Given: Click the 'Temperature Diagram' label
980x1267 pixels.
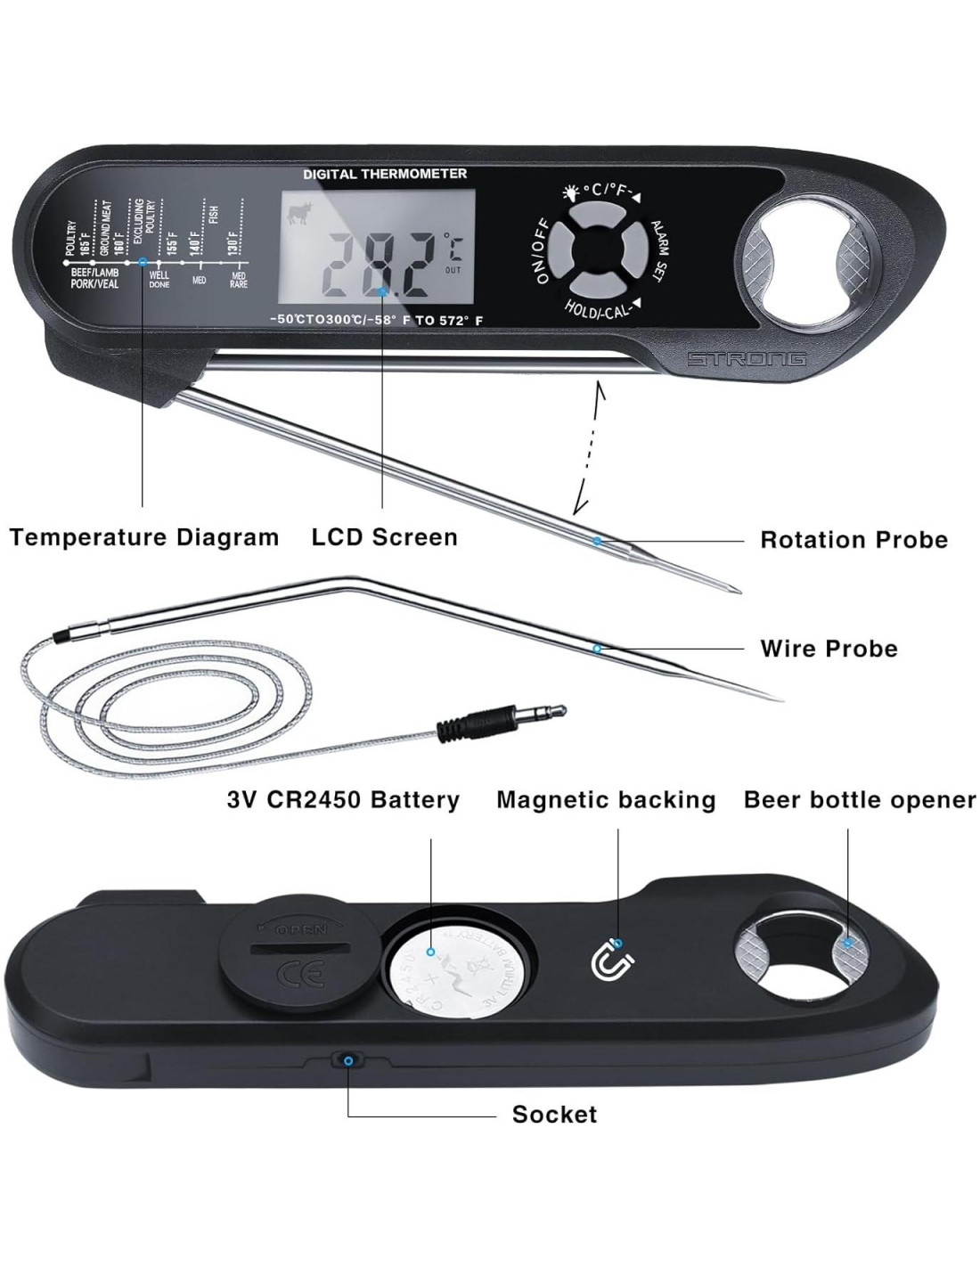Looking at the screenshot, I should click(x=144, y=537).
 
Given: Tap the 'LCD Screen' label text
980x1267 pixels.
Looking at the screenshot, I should click(x=384, y=537).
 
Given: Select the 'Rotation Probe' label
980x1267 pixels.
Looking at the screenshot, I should click(x=853, y=540).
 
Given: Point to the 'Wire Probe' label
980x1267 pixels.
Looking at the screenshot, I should click(x=829, y=649).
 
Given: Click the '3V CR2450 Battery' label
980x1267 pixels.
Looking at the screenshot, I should click(x=343, y=800).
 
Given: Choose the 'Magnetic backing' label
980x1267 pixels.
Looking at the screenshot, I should click(x=606, y=800).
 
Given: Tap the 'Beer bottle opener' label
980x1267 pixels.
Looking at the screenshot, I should click(x=860, y=800).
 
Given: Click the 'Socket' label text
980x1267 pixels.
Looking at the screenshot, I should click(x=554, y=1115).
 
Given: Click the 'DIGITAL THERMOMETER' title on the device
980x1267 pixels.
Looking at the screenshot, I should click(x=385, y=174).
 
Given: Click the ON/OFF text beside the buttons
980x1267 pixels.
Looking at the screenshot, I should click(x=542, y=250).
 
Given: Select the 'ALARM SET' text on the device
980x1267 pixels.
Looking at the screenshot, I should click(x=660, y=251).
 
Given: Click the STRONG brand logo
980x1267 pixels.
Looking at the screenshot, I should click(x=746, y=359).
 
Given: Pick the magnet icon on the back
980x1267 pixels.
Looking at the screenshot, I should click(x=613, y=960).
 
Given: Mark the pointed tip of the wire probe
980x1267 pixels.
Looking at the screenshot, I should click(x=777, y=697).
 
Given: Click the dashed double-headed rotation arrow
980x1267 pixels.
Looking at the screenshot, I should click(x=589, y=448).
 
